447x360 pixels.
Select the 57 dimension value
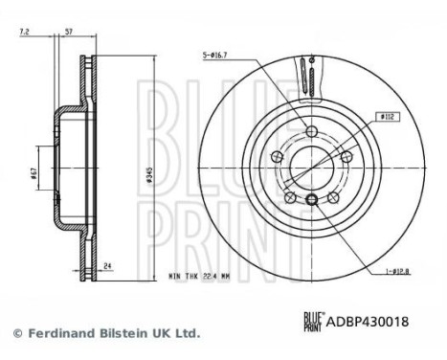pyautogui.click(x=69, y=32)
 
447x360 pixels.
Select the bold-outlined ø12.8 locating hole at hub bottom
pyautogui.click(x=312, y=199)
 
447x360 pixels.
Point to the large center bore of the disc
pyautogui.click(x=312, y=165)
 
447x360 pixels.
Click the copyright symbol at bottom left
pyautogui.click(x=17, y=333)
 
